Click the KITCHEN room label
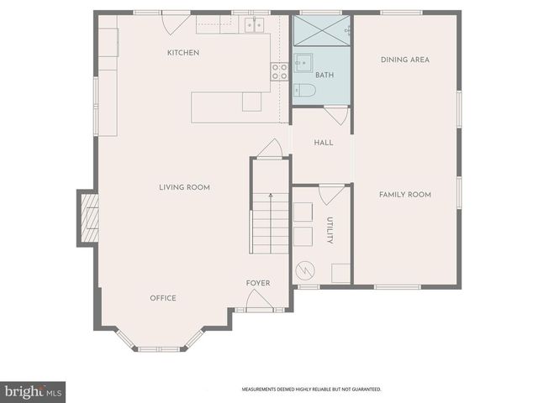(183, 53)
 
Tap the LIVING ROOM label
(184, 187)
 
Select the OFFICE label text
(163, 298)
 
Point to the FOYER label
(258, 283)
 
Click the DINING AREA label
(405, 60)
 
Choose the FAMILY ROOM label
(404, 195)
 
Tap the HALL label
(324, 143)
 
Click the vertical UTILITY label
(330, 231)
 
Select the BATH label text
(324, 76)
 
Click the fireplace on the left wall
(89, 217)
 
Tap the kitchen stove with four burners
(279, 72)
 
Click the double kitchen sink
(255, 25)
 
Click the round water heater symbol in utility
(303, 271)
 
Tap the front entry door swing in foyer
(258, 300)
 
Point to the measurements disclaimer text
(311, 390)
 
